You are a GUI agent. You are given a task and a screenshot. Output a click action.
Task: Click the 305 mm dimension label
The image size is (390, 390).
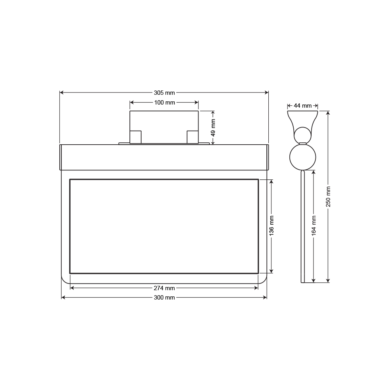coord(164,93)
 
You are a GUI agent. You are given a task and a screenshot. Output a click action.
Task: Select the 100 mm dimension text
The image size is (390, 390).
coord(164,103)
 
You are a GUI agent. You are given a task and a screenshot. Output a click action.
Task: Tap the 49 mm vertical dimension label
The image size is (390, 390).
coord(213,127)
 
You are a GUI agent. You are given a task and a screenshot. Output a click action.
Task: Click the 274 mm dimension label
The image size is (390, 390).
coord(164,288)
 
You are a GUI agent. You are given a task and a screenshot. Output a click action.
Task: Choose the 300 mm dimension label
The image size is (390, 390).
coord(164,298)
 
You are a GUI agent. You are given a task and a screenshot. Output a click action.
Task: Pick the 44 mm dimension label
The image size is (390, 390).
coord(303,106)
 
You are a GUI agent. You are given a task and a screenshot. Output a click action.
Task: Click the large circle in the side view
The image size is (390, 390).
coord(302,157)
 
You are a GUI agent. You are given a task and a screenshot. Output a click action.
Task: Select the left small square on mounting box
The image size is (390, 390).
coord(135,137)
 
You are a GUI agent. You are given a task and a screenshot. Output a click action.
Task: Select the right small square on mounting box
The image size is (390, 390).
coord(193,137)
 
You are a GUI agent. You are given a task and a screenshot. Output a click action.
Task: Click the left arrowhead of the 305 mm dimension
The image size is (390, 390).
coord(62,93)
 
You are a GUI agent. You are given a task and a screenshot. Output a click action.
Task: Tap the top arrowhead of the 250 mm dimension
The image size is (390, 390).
coord(328,113)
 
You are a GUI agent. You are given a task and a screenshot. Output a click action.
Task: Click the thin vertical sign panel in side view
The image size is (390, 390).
coord(302,226)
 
